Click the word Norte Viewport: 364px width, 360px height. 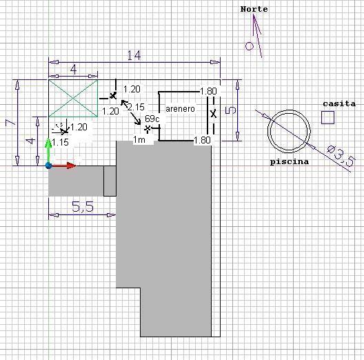254,9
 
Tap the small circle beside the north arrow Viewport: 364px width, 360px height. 250,46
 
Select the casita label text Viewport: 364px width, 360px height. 339,103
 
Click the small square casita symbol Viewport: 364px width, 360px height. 327,117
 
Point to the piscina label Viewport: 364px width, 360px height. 290,161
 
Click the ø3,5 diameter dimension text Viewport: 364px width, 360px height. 341,156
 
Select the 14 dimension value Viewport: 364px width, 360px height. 134,55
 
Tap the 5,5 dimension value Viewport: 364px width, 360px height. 83,207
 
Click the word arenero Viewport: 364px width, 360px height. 180,109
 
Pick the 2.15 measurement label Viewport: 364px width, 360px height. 136,107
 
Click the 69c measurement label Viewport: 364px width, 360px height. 152,119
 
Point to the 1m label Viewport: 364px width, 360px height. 139,140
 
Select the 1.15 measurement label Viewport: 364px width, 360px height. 60,142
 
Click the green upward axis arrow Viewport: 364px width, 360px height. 48,151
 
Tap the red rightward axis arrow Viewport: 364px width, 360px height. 63,166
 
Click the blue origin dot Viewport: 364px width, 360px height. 48,166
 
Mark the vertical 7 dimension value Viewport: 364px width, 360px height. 10,122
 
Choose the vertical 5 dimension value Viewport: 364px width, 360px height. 230,110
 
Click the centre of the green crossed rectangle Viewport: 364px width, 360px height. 73,98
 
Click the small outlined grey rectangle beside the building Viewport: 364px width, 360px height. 110,181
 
